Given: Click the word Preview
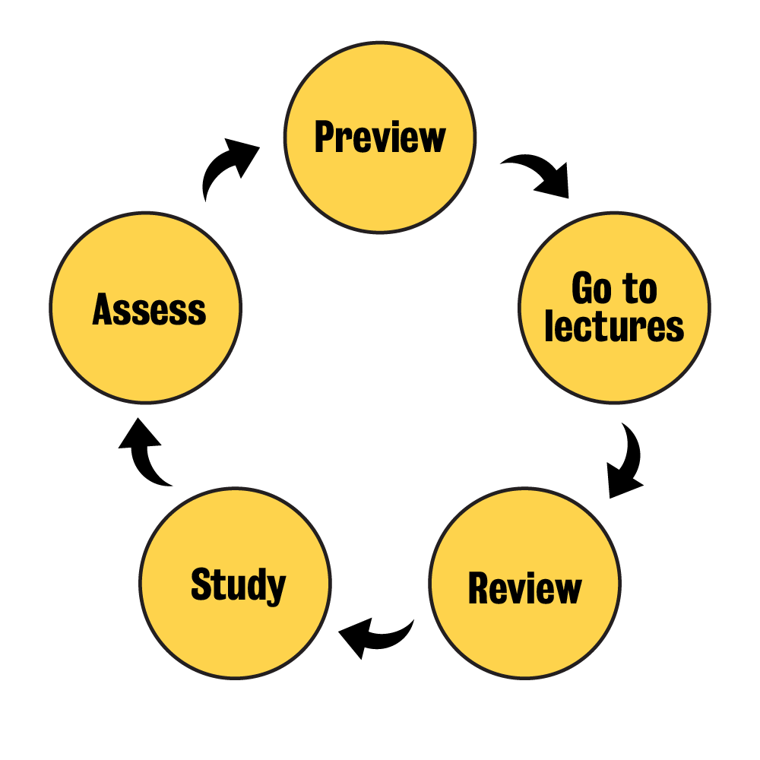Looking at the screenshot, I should tap(380, 138).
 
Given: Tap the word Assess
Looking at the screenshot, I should tap(149, 309).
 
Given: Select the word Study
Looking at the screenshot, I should tap(238, 584).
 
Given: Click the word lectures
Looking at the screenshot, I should tap(614, 327).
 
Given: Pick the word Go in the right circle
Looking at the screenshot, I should tap(591, 290).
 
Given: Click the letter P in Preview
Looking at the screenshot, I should tap(325, 137).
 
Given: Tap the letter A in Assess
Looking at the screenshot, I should tap(103, 309).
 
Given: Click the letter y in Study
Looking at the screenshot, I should tap(275, 589).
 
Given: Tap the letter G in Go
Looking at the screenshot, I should tap(583, 290).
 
